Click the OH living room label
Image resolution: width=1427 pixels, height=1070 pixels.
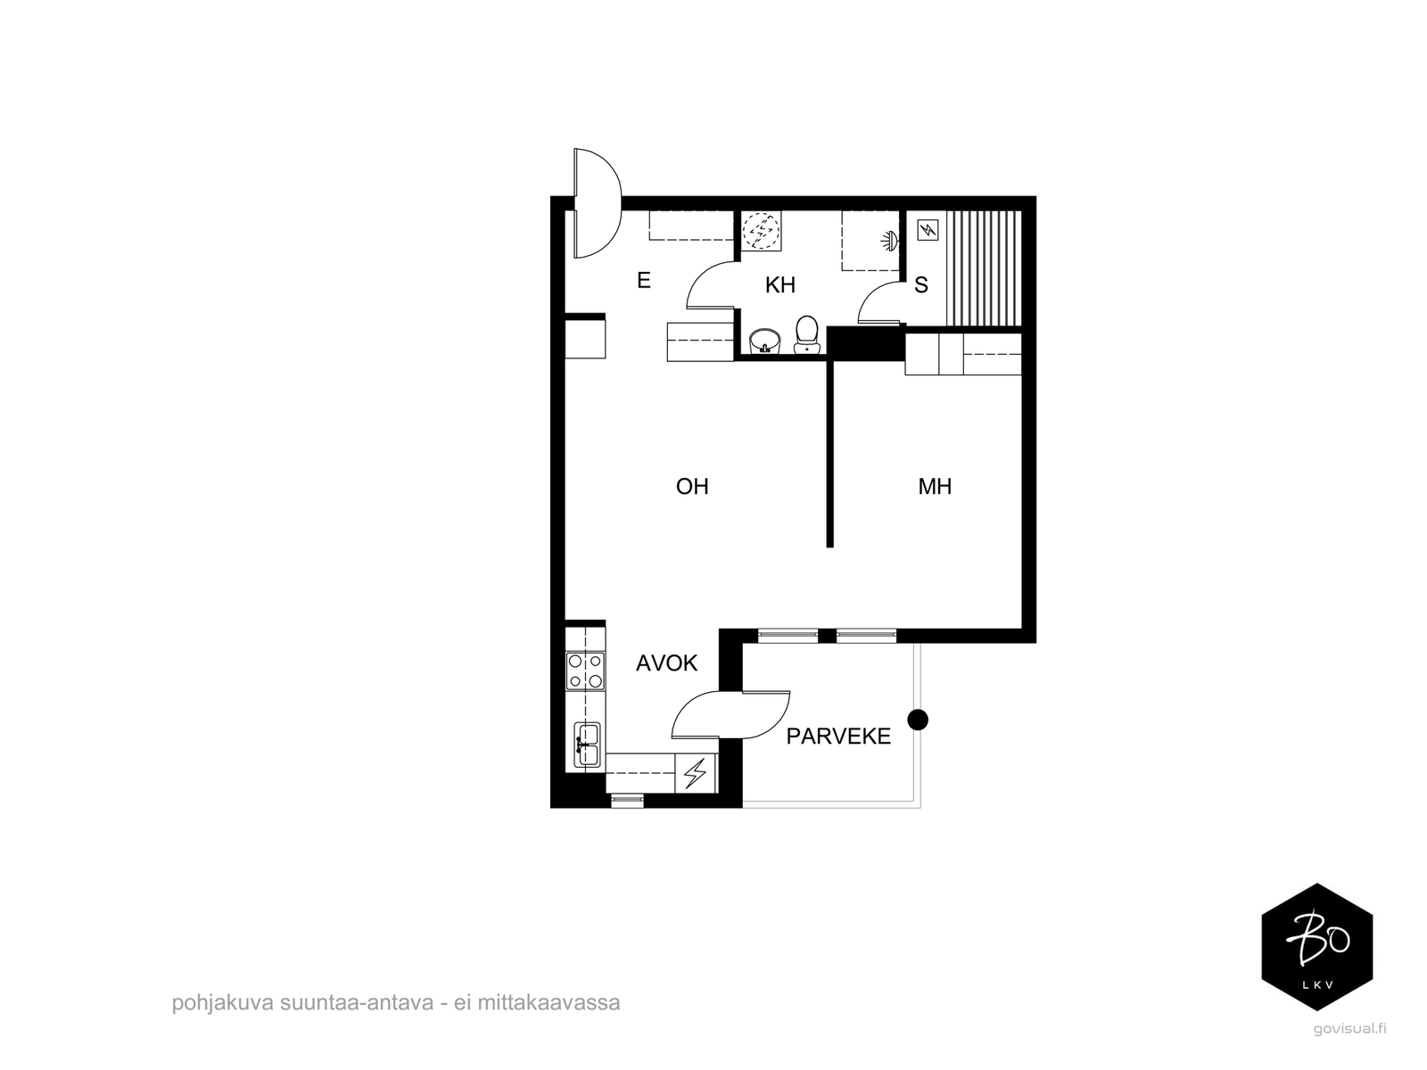692,486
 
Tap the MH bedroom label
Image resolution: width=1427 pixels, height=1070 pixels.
935,486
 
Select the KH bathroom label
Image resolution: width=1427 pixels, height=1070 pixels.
779,285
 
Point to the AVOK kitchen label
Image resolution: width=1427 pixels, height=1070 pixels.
666,663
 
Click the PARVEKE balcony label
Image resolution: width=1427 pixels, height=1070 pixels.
838,737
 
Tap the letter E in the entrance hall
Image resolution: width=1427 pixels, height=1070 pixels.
644,281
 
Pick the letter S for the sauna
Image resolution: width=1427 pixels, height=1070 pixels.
921,285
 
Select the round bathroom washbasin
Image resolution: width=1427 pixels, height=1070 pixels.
764,341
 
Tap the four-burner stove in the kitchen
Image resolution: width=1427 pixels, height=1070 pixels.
585,671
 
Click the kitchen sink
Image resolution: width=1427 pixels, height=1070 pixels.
587,745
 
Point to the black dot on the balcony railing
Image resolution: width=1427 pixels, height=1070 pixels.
917,719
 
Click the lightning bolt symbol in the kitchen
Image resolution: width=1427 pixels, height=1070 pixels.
696,772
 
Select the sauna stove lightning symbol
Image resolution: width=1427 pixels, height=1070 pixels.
928,230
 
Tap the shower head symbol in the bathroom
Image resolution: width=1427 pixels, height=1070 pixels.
889,239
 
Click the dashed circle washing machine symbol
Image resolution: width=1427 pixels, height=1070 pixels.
762,231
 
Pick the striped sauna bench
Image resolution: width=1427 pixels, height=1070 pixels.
983,268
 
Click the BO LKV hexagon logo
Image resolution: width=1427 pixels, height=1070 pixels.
1316,947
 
